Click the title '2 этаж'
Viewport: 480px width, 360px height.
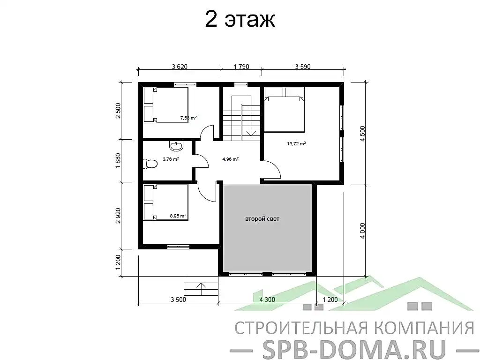pyautogui.click(x=240, y=20)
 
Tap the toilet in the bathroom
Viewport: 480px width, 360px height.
pyautogui.click(x=150, y=164)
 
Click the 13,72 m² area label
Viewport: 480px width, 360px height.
pyautogui.click(x=296, y=144)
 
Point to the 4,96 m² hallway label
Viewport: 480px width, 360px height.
pyautogui.click(x=230, y=159)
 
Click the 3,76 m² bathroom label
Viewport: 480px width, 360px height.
pyautogui.click(x=171, y=159)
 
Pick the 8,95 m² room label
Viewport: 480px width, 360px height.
pyautogui.click(x=178, y=216)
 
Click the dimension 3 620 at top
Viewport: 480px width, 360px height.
pyautogui.click(x=180, y=67)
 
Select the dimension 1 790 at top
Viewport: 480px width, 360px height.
pyautogui.click(x=241, y=67)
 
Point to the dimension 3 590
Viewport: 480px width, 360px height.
pyautogui.click(x=303, y=67)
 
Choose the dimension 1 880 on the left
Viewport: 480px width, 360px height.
pyautogui.click(x=118, y=160)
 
